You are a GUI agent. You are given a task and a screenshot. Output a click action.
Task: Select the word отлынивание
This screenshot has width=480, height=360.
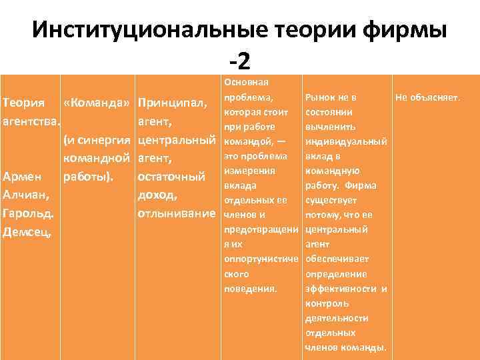point(176,215)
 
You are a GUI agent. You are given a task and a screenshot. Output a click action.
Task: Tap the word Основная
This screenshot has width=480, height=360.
point(246,82)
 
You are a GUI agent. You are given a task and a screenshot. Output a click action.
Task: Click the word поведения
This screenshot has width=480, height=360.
point(250,289)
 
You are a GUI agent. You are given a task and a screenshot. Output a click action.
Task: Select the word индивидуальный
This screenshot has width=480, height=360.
point(345,141)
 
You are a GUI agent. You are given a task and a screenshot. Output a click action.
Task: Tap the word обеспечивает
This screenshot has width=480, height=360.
point(336,259)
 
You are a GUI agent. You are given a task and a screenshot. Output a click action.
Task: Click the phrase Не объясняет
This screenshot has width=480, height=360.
point(427,97)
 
